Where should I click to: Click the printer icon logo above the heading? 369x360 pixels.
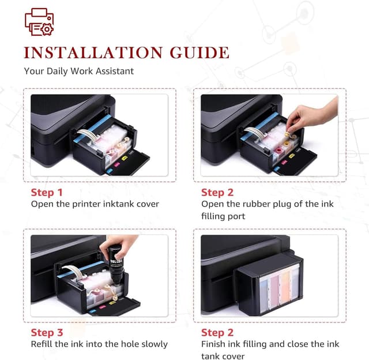(39, 22)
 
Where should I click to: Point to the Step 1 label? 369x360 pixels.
(47, 192)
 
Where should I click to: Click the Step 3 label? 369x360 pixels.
(47, 332)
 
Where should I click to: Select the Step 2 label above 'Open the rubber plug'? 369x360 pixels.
(217, 192)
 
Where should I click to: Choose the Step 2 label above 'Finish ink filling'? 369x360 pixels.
(217, 332)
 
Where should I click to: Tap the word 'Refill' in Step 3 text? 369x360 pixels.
(43, 344)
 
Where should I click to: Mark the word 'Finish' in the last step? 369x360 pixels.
(214, 344)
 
